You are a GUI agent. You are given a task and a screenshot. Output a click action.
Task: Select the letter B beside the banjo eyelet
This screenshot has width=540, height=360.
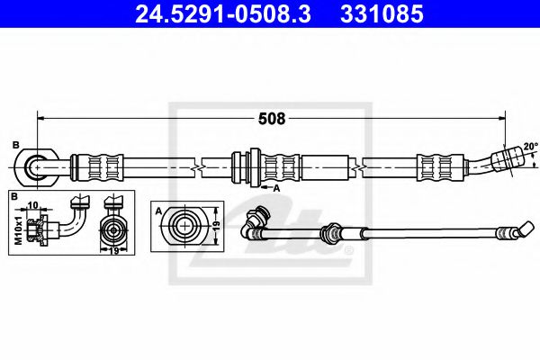[15, 146]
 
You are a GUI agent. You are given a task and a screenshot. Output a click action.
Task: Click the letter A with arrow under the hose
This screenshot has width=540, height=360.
[276, 187]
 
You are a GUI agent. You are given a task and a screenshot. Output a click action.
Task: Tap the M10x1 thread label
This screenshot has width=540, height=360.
[16, 227]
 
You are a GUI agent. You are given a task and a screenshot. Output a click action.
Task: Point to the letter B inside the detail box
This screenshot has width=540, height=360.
[15, 196]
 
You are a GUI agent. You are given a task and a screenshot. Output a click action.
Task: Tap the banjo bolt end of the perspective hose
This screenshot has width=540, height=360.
[257, 218]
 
